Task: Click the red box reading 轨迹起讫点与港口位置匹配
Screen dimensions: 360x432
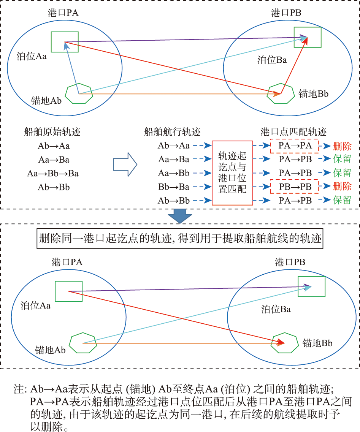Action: [232, 173]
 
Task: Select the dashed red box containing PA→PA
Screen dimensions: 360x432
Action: [294, 146]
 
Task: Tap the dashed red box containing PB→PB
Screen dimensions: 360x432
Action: [294, 187]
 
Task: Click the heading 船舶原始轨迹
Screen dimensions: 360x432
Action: [52, 132]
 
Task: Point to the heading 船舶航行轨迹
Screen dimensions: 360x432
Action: [172, 132]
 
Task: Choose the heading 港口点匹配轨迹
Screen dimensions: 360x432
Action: [293, 132]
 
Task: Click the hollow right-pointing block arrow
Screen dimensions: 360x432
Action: [125, 165]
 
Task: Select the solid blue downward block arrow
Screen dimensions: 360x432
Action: [180, 216]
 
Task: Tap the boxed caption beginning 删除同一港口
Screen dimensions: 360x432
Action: [180, 238]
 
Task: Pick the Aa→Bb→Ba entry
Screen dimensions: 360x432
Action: [52, 173]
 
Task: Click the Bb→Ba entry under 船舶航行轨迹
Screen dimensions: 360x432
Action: [174, 187]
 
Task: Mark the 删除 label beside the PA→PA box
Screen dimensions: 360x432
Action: [342, 146]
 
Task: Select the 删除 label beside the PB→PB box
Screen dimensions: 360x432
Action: [342, 186]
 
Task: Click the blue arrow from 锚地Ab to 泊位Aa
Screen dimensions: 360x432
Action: [72, 68]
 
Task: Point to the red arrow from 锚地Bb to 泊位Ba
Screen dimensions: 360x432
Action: [294, 65]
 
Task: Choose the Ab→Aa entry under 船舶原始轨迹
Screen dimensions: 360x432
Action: [54, 146]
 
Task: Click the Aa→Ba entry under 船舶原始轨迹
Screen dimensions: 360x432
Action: [54, 160]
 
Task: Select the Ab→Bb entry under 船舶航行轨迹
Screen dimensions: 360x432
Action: [174, 201]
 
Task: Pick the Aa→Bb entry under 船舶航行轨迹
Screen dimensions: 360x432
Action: [174, 173]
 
